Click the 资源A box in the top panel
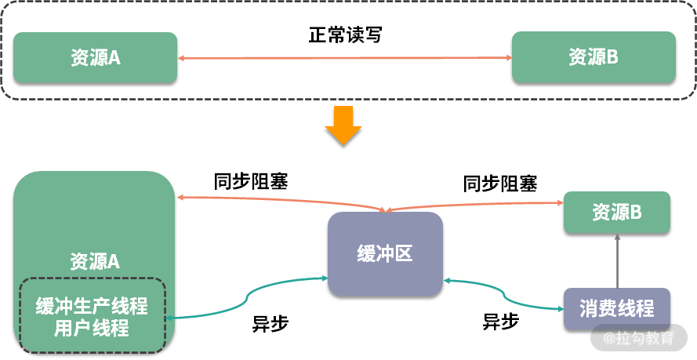[x=95, y=57]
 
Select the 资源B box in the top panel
[x=594, y=57]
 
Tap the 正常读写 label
[x=345, y=35]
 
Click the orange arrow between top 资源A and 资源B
[x=345, y=57]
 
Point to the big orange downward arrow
[x=343, y=125]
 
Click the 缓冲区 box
[x=385, y=254]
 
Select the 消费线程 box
[x=617, y=308]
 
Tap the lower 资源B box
[x=617, y=212]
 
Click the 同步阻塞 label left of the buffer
[x=251, y=182]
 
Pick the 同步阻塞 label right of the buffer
[x=500, y=184]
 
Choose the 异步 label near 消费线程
[x=501, y=322]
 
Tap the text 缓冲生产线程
[x=92, y=305]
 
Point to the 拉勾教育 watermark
[x=638, y=339]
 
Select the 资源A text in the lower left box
[x=95, y=261]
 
